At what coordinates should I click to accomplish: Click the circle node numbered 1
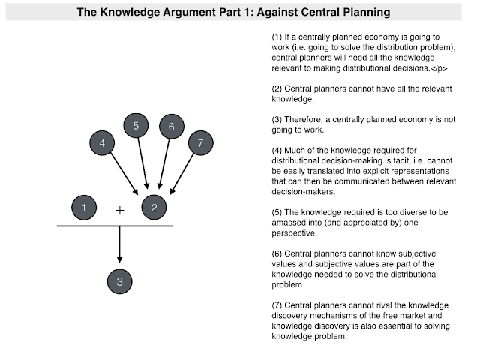pyautogui.click(x=84, y=208)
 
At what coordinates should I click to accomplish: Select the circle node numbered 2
pyautogui.click(x=154, y=208)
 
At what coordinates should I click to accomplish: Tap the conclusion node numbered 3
pyautogui.click(x=120, y=281)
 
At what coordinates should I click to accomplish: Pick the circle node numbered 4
pyautogui.click(x=102, y=143)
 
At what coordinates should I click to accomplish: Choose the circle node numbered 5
pyautogui.click(x=136, y=125)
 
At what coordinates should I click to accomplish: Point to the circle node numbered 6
pyautogui.click(x=172, y=127)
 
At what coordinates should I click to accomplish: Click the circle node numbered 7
pyautogui.click(x=200, y=143)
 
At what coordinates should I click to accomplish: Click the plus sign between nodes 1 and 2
pyautogui.click(x=120, y=210)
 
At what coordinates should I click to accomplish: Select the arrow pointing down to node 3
pyautogui.click(x=120, y=244)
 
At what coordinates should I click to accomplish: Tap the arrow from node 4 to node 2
pyautogui.click(x=124, y=174)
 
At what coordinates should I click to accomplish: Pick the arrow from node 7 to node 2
pyautogui.click(x=181, y=174)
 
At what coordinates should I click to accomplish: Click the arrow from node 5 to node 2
pyautogui.click(x=143, y=163)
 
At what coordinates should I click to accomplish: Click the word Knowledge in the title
pyautogui.click(x=130, y=12)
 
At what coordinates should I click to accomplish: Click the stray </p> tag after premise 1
pyautogui.click(x=439, y=68)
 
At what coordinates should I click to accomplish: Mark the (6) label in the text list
pyautogui.click(x=277, y=253)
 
